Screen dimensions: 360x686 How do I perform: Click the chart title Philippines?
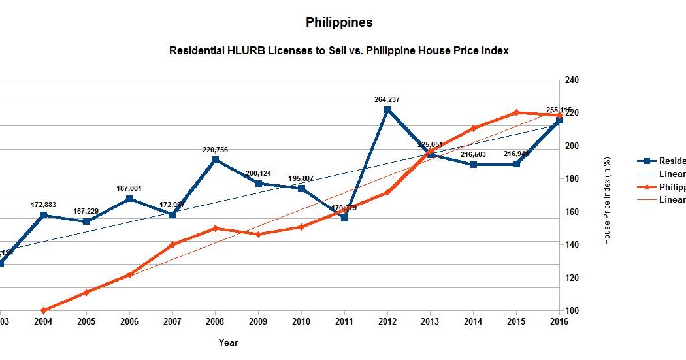coord(339,22)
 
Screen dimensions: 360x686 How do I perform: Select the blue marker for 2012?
coord(387,110)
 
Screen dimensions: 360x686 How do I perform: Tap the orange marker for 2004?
coord(43,310)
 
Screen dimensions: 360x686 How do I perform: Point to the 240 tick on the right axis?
coord(572,80)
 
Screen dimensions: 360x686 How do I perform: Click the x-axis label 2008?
coord(215,321)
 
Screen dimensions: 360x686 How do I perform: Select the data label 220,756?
coord(215,150)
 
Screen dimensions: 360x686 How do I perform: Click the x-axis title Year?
coord(228,342)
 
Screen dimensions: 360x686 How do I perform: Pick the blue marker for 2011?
coord(344,218)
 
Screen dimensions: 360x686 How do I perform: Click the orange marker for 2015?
coord(516,112)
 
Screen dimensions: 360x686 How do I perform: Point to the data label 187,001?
coord(129,188)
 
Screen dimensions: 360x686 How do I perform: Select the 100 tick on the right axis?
coord(572,311)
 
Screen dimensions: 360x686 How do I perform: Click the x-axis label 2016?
coord(559,321)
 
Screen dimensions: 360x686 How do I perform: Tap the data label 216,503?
coord(473,154)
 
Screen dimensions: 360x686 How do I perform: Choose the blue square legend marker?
coord(647,161)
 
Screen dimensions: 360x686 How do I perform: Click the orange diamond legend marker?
coord(647,187)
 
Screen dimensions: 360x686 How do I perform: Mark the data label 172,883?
coord(43,205)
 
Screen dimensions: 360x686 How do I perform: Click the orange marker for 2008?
coord(215,228)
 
